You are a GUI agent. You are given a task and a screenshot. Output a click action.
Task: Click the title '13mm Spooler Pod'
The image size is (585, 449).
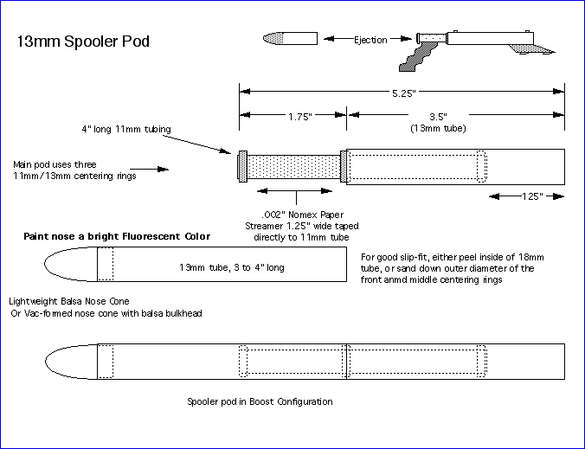(84, 41)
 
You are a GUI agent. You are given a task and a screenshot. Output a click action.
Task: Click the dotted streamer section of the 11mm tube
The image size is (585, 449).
(294, 165)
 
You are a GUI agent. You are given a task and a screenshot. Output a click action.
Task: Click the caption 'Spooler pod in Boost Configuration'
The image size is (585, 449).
(260, 401)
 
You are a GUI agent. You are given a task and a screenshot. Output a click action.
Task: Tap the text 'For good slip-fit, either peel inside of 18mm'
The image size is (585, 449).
(446, 257)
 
